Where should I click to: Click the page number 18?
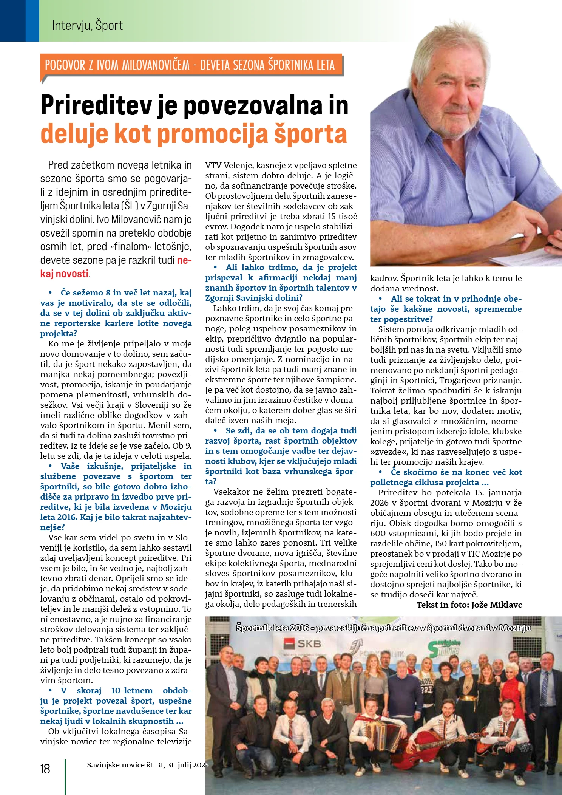[x=45, y=769]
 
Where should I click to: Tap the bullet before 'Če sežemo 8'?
[x=50, y=293]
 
